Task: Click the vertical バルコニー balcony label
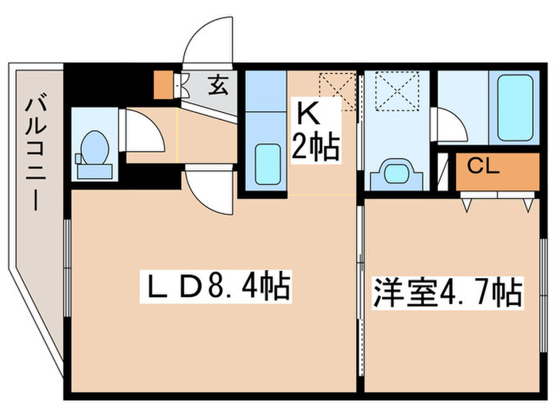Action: coord(34,151)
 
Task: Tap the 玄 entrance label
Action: coord(215,83)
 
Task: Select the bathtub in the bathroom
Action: coord(513,108)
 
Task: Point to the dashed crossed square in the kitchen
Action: coord(336,86)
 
